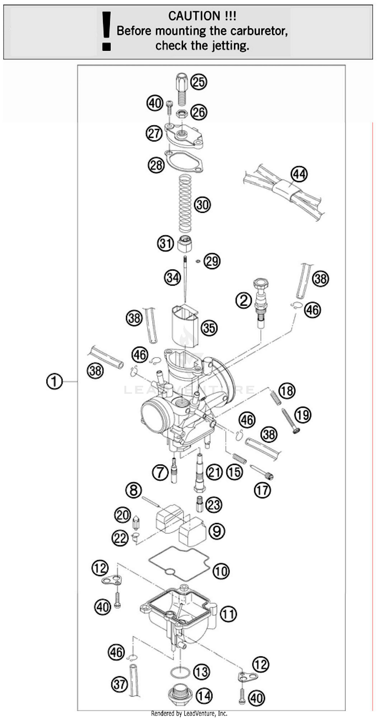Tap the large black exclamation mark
106,31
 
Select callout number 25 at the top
199,82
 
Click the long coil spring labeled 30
185,203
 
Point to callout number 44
299,174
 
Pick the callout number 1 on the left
54,382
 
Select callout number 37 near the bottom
120,684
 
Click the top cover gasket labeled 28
184,162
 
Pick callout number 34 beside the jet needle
173,278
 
